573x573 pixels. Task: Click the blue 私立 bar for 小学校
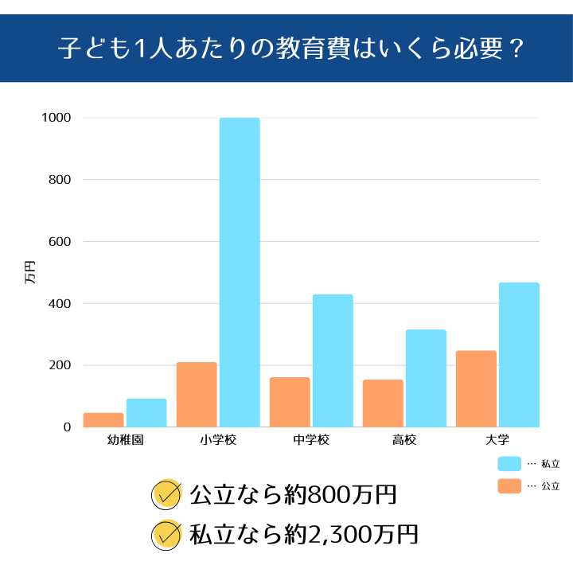pos(240,272)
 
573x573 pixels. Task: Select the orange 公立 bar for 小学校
pos(197,395)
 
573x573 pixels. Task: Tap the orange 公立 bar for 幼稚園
pos(103,419)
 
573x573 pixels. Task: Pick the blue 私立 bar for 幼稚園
pos(146,412)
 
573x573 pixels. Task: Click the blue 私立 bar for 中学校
pos(333,361)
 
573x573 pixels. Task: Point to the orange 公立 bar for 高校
pos(383,403)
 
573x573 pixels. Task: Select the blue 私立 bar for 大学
pos(519,354)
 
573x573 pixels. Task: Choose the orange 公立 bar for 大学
pos(476,388)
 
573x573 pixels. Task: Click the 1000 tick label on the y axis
pos(57,118)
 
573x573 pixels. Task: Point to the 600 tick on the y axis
pos(61,242)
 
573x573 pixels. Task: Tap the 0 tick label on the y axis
pos(68,427)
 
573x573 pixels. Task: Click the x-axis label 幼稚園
pos(125,439)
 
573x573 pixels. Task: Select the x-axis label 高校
pos(403,439)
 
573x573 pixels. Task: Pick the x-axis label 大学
pos(497,439)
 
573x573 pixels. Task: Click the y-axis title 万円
pos(30,272)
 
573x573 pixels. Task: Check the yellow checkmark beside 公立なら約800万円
pos(166,494)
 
